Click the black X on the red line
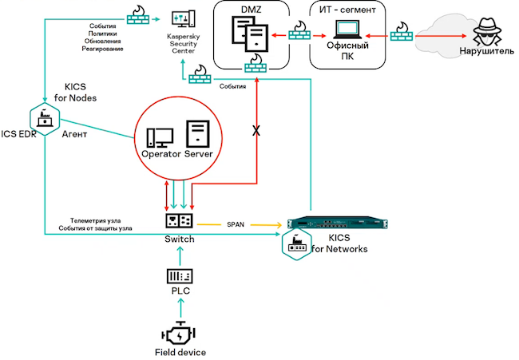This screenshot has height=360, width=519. point(256,130)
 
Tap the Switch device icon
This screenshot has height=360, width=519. point(180,219)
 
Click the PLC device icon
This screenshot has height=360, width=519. point(180,275)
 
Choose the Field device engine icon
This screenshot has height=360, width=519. point(180,331)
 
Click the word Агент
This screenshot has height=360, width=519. point(76,135)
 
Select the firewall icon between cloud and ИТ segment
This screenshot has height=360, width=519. point(402,34)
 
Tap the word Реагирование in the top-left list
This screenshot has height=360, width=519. point(103,49)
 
